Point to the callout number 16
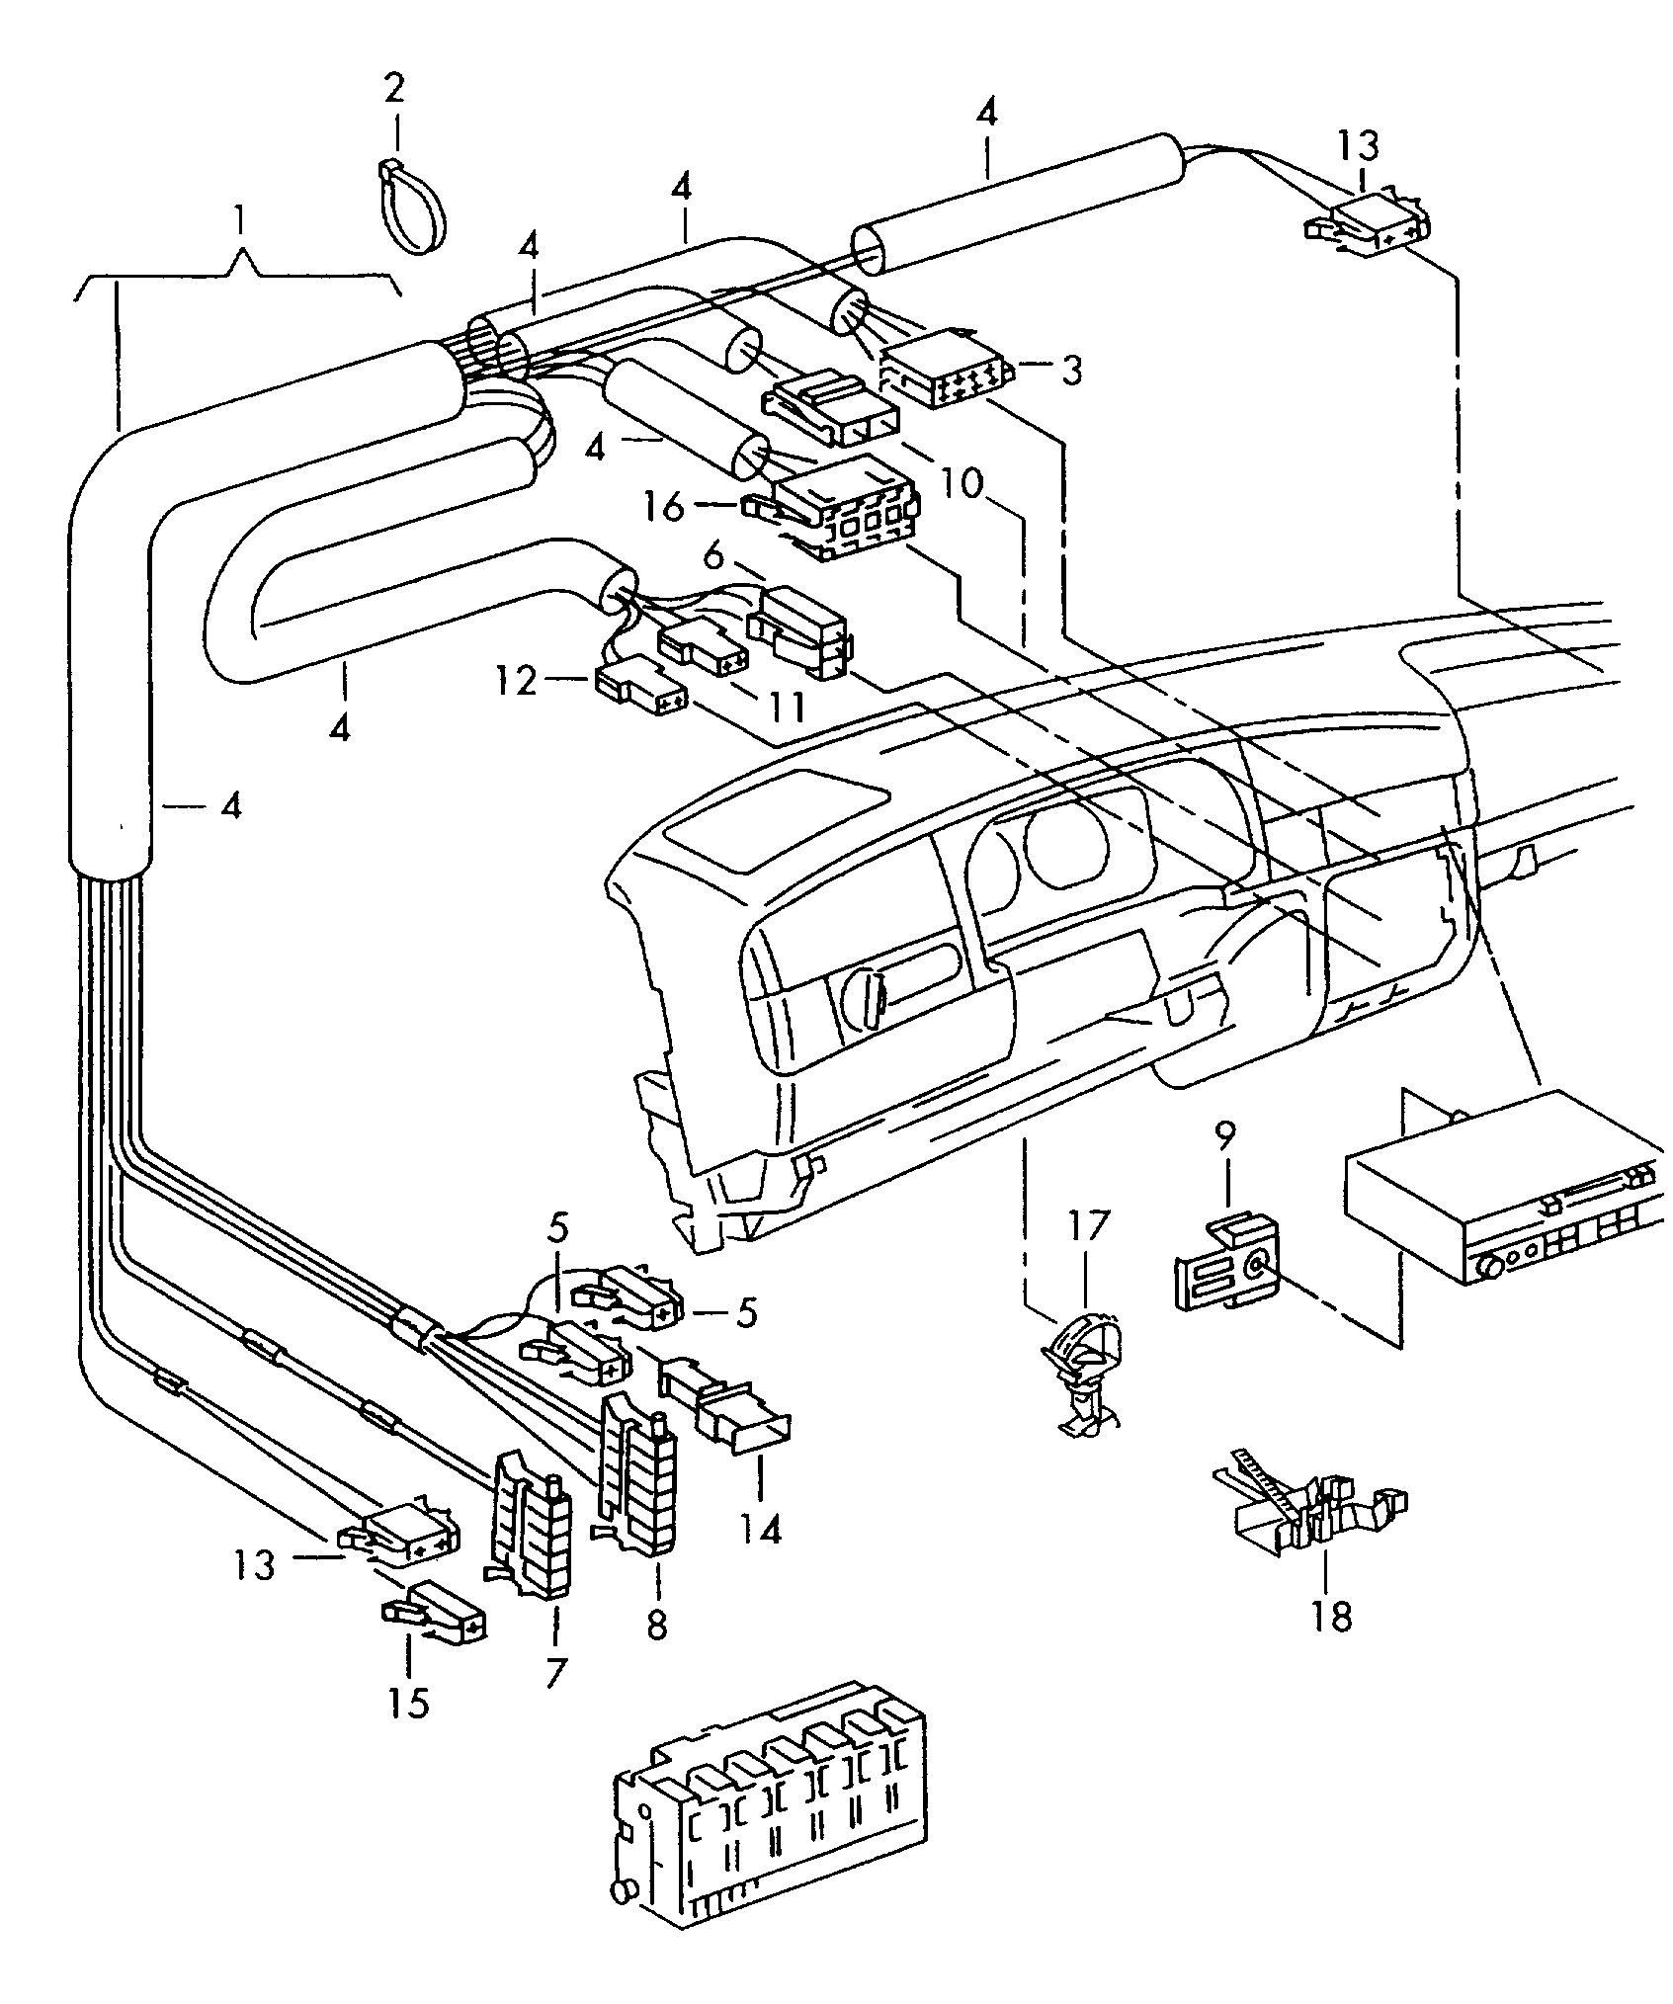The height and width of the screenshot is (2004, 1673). point(665,507)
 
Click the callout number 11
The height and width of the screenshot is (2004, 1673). point(787,706)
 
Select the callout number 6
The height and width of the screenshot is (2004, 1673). point(713,556)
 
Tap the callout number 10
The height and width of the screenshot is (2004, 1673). point(961,484)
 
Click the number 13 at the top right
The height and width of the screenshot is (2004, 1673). point(1358,145)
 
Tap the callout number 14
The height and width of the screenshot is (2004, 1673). point(761,1529)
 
